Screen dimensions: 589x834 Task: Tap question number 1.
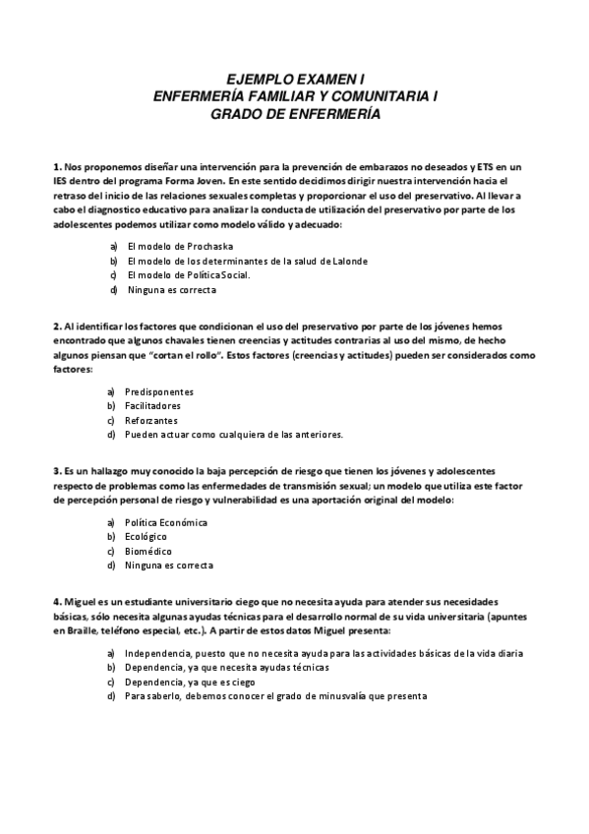coord(57,167)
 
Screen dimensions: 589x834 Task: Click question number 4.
coord(57,601)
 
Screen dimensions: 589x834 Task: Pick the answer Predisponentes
coord(158,390)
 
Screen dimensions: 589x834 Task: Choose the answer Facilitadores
coord(152,405)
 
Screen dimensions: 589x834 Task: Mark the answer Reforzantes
coord(151,420)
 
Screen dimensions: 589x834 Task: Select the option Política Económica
coord(166,521)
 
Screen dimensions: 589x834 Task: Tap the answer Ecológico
coord(146,536)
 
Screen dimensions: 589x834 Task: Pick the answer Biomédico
coord(147,551)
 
